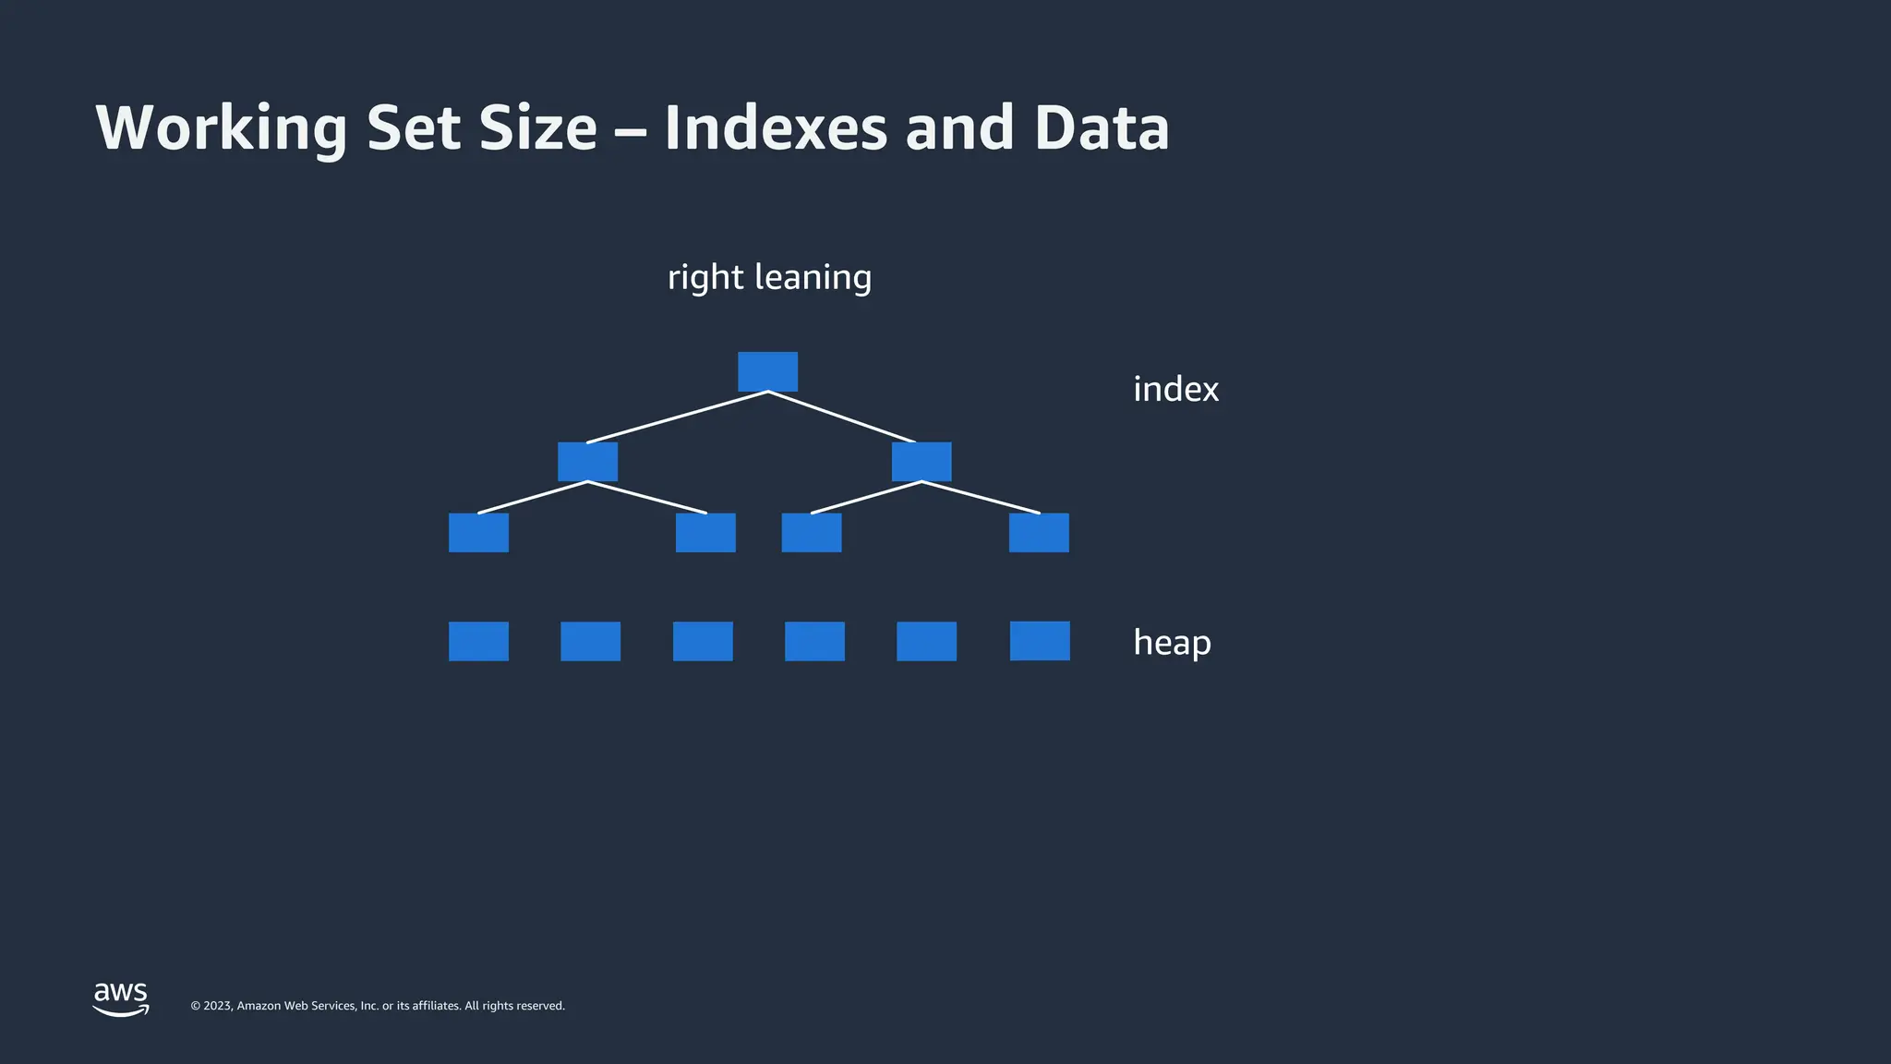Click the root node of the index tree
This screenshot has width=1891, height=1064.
click(767, 371)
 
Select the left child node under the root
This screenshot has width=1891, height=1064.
click(587, 461)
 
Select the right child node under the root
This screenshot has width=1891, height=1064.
click(921, 461)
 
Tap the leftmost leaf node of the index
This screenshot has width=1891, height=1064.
click(478, 533)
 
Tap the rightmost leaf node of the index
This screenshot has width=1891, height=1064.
click(1039, 533)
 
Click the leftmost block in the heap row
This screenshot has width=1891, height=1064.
click(478, 641)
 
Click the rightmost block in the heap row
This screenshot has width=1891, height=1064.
click(1040, 641)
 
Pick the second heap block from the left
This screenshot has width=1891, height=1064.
click(590, 641)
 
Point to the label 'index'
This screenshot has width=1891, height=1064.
click(1175, 389)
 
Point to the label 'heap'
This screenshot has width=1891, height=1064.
click(1172, 642)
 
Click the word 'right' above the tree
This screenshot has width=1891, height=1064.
click(705, 277)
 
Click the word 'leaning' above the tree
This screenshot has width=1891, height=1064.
click(813, 277)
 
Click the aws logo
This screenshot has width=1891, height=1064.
click(121, 998)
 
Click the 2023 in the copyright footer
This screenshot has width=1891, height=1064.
click(218, 1006)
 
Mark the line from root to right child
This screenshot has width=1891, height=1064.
click(842, 417)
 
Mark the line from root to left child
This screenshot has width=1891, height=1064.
click(677, 417)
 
